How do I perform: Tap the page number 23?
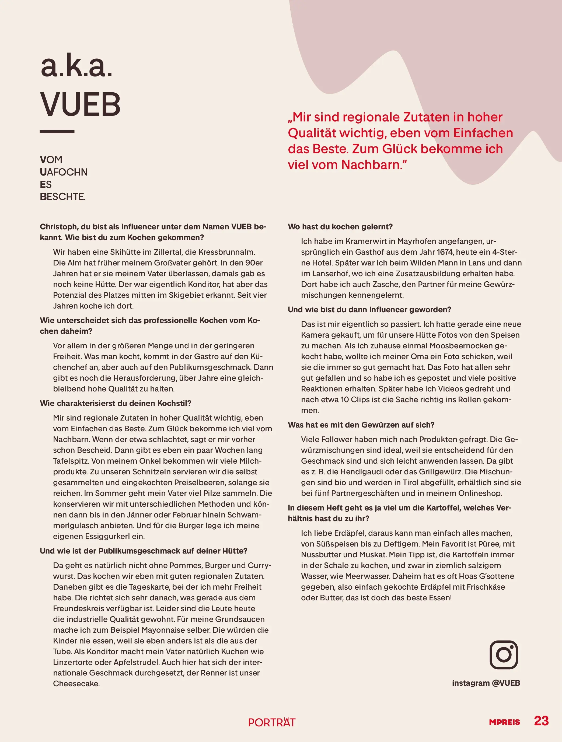(541, 721)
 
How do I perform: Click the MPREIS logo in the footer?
(504, 722)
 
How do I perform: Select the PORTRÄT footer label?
(272, 722)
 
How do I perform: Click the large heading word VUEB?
(80, 104)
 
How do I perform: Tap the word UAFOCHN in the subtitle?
(64, 172)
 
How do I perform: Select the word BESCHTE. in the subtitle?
(63, 197)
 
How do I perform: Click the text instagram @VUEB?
(486, 683)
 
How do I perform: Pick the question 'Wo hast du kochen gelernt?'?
(340, 227)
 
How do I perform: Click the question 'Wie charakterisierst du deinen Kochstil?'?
(116, 403)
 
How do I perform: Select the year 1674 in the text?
(445, 252)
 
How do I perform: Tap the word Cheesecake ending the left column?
(76, 684)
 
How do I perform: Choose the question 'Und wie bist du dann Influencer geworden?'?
(369, 310)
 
